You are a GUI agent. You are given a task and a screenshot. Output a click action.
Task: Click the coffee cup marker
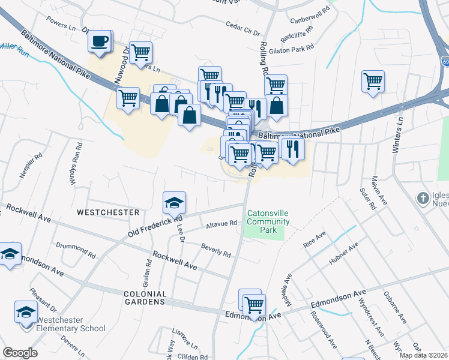coord(100,42)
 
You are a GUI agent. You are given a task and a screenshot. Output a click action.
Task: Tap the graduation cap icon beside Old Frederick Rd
coord(174,203)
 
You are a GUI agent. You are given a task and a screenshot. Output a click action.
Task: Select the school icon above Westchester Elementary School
coord(26,312)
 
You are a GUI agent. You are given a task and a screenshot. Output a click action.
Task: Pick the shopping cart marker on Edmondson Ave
coord(254,304)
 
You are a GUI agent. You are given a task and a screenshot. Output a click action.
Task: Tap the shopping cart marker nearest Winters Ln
coord(373,81)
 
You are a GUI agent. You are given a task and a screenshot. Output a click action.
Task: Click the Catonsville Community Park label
coord(268,221)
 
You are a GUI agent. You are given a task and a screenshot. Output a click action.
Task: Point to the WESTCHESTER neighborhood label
coord(107,212)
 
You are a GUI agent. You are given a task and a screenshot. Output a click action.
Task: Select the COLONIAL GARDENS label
coord(143,298)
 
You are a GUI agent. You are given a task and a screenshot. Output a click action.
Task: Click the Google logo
coord(20,353)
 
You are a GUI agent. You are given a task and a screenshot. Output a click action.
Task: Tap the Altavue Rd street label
coord(221,223)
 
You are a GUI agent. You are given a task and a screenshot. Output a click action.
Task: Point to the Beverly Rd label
coord(216,251)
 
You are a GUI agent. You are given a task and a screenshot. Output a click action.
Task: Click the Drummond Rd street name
coord(75,250)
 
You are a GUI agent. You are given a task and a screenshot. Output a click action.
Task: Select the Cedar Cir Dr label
coord(243,29)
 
